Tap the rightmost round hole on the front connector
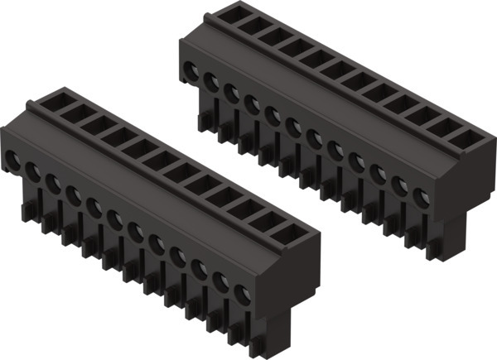(x=243, y=295)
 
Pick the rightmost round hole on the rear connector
(x=421, y=198)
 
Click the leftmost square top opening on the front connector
(x=51, y=102)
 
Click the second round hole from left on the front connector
(x=33, y=170)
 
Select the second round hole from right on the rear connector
(x=400, y=186)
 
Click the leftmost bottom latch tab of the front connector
(x=27, y=213)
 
